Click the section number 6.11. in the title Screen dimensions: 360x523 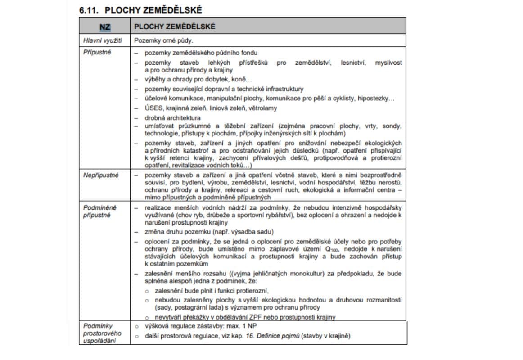(88, 9)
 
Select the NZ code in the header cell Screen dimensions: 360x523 (105, 27)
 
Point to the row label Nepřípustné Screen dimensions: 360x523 (101, 175)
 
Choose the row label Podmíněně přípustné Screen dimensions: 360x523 (99, 211)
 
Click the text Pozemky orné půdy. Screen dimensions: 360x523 (163, 40)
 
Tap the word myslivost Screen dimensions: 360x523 (388, 63)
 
